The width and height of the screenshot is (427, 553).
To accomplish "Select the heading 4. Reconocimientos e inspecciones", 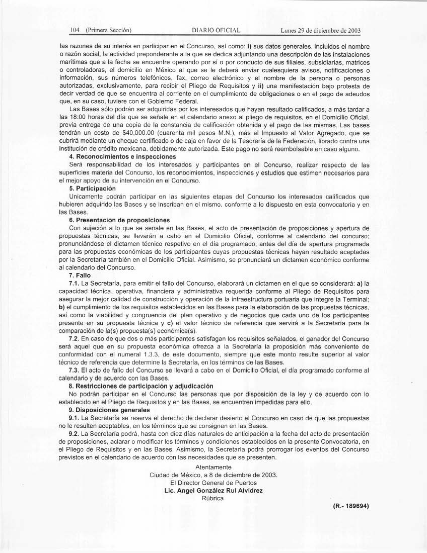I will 115,157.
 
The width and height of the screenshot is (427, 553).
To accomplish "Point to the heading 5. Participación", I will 92,188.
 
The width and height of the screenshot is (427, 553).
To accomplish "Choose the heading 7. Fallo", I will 80,275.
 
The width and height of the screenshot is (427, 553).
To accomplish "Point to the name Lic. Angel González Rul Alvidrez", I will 213,491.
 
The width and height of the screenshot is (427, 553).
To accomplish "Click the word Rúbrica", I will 213,499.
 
